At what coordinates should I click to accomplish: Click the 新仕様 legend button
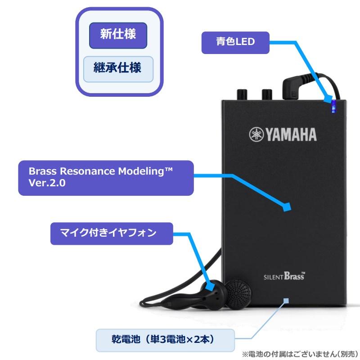coord(118,35)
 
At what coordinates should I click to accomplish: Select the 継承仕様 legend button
coord(118,68)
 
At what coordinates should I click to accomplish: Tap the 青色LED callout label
coord(235,43)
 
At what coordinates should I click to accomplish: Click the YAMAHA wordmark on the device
coord(290,135)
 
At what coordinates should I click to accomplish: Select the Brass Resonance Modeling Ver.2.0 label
coord(106,178)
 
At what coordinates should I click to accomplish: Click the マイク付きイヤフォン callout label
coord(111,233)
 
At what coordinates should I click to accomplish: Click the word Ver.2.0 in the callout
coord(47,184)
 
